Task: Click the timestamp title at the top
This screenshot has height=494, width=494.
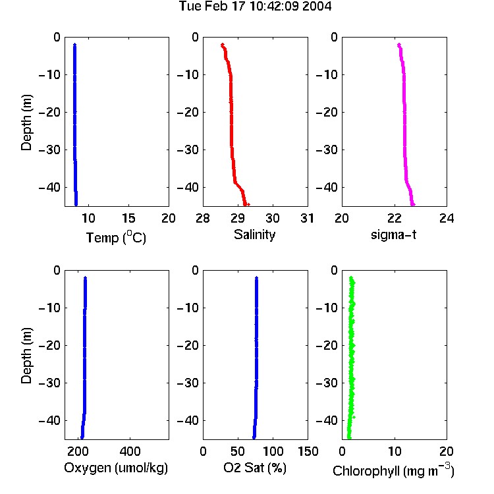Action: pyautogui.click(x=255, y=6)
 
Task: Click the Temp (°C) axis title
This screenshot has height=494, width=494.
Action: pyautogui.click(x=116, y=237)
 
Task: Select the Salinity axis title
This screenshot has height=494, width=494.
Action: pyautogui.click(x=254, y=234)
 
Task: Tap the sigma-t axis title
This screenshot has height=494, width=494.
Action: pyautogui.click(x=393, y=234)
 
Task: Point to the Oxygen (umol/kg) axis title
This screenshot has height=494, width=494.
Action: pyautogui.click(x=116, y=468)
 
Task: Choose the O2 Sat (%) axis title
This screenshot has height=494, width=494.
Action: pyautogui.click(x=254, y=468)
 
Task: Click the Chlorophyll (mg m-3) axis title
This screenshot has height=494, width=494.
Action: pyautogui.click(x=393, y=470)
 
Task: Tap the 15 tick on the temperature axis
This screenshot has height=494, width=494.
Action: pyautogui.click(x=128, y=218)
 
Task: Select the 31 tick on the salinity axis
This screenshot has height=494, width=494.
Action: pyautogui.click(x=307, y=218)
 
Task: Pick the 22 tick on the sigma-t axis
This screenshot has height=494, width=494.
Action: pyautogui.click(x=395, y=218)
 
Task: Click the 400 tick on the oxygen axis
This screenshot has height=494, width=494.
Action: pyautogui.click(x=130, y=451)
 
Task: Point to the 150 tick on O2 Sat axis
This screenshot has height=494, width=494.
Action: pyautogui.click(x=308, y=451)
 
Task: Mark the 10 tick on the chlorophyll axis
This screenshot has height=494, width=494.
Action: pyautogui.click(x=395, y=451)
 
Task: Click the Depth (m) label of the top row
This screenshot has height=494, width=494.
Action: pyautogui.click(x=26, y=123)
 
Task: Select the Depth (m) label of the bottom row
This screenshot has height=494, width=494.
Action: pyautogui.click(x=26, y=356)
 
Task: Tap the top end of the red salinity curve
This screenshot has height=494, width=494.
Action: pyautogui.click(x=223, y=45)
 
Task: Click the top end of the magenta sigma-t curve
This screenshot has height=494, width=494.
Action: pyautogui.click(x=399, y=45)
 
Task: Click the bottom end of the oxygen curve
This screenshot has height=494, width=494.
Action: pyautogui.click(x=82, y=437)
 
